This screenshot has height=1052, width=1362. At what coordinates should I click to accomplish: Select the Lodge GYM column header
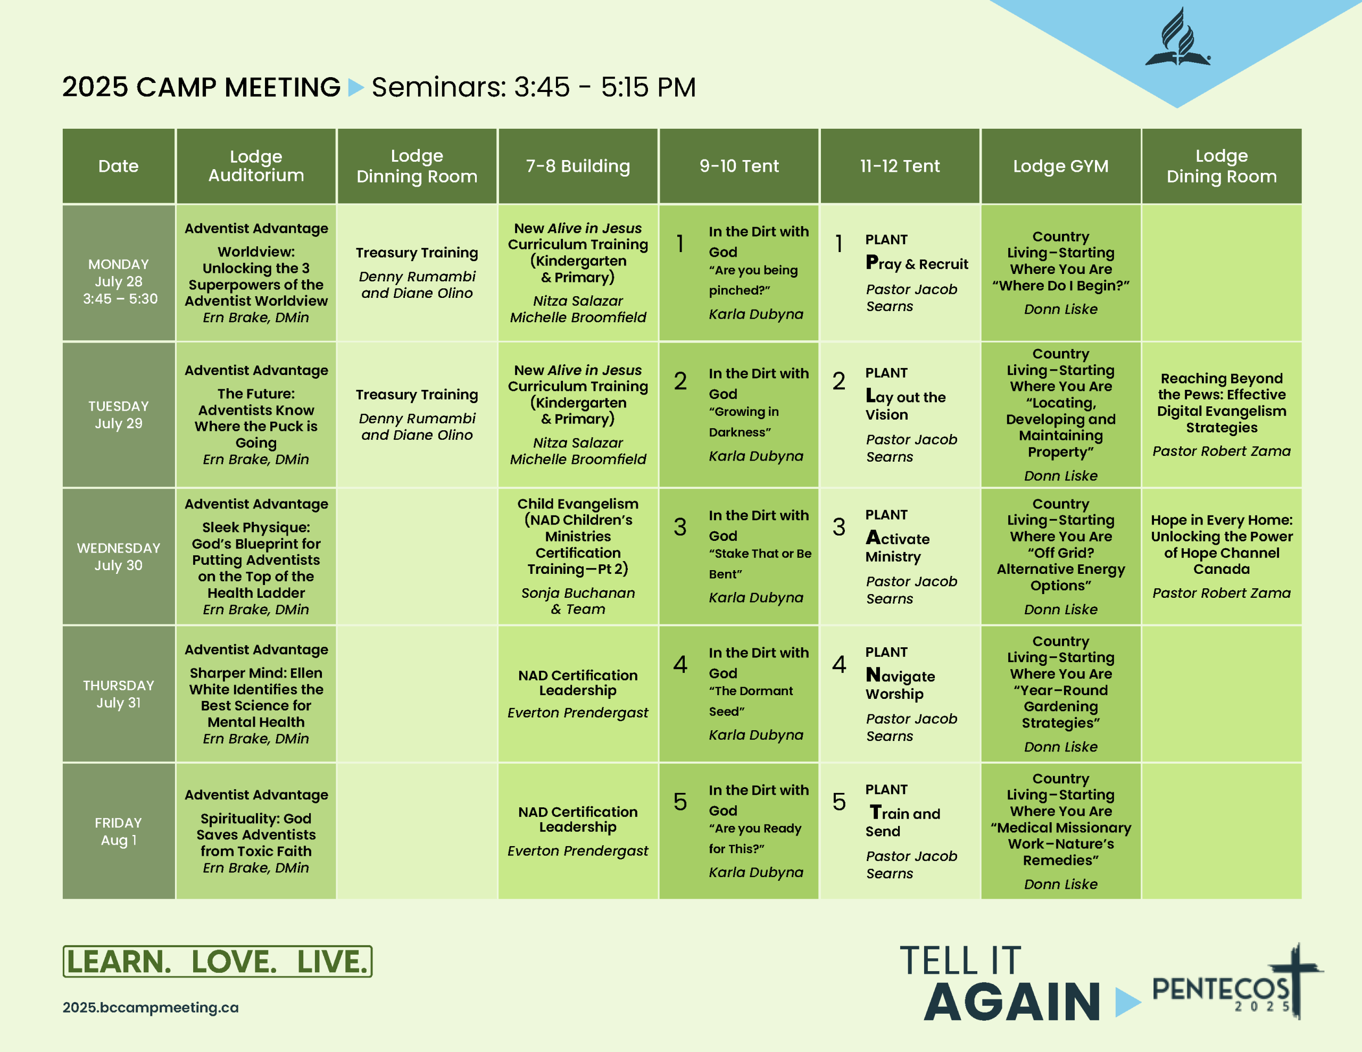click(x=1060, y=166)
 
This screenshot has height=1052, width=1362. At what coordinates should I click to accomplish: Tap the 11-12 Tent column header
click(x=899, y=166)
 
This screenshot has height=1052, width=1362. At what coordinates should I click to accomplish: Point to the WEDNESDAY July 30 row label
click(x=119, y=556)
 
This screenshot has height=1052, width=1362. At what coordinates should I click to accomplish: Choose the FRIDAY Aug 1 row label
click(x=119, y=831)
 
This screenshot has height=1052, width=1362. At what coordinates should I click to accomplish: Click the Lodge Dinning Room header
click(x=417, y=166)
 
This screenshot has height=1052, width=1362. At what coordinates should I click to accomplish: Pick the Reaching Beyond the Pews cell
click(x=1221, y=414)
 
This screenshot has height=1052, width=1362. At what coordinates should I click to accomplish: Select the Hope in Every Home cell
click(x=1221, y=556)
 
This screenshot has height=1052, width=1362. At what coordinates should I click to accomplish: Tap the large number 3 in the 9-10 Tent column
click(x=680, y=527)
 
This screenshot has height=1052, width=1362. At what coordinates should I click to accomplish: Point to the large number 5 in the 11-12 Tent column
click(x=839, y=801)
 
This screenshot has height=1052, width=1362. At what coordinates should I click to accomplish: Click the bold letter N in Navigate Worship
click(x=873, y=675)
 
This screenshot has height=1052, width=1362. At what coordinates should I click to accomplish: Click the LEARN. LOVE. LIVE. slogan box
click(x=217, y=961)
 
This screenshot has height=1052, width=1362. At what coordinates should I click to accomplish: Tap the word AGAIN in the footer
click(x=1011, y=1002)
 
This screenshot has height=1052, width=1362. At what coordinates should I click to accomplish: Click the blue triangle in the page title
click(x=355, y=87)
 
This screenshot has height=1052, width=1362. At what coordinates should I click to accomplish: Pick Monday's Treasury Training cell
click(x=417, y=272)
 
